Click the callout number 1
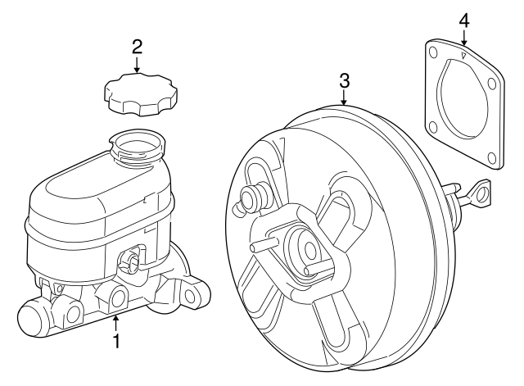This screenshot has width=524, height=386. coord(116,339)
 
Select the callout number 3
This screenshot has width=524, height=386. coord(344,80)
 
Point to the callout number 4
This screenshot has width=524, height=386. coord(463,19)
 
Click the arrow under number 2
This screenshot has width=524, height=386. coord(137,63)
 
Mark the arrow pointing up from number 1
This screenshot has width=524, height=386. coord(116,322)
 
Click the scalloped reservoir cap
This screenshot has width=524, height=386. coord(138,93)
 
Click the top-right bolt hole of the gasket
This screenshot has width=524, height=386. coord(495,82)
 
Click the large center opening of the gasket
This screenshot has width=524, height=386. coord(462,102)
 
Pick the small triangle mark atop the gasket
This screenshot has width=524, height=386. coord(464,55)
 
